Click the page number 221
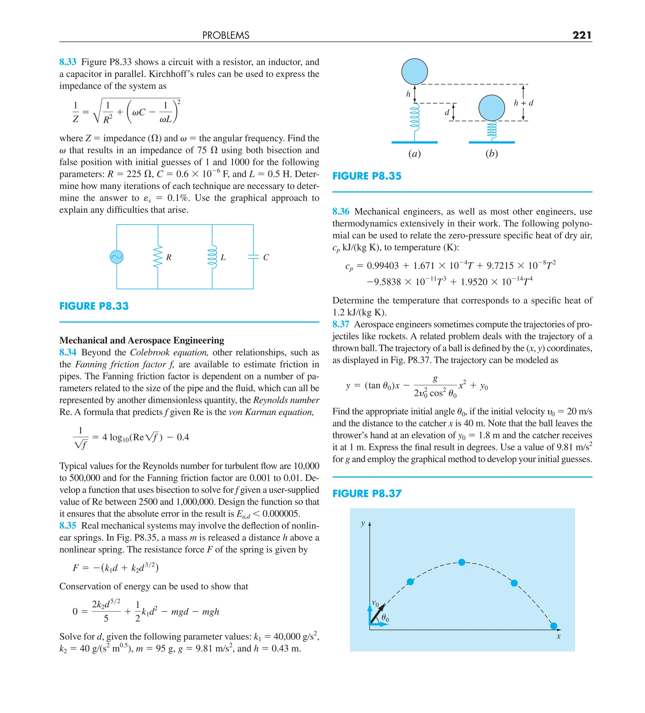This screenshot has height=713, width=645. coord(581,35)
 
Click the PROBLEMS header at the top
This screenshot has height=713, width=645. coord(225,35)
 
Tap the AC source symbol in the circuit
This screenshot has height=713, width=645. coord(117,257)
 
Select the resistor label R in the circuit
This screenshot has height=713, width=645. coord(168,258)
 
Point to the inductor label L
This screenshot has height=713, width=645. coord(223,258)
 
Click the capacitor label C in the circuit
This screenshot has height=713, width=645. coord(266,258)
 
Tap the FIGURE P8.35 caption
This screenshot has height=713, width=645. coord(367,176)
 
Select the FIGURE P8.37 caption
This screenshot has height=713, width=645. coord(367,493)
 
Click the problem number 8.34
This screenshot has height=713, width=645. coord(67,352)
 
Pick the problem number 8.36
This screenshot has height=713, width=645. coord(340,212)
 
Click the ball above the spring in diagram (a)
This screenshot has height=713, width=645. coord(414,72)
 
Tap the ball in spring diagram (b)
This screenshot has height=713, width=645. coord(491,108)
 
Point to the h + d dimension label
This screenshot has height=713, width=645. coord(523,103)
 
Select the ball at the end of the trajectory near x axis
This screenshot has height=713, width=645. coord(553,626)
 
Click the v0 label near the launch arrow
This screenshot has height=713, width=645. coord(375,603)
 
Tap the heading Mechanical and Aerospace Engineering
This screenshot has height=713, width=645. coord(141,340)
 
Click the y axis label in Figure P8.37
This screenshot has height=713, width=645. coord(362,523)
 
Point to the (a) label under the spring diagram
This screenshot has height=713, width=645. coord(414,154)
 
